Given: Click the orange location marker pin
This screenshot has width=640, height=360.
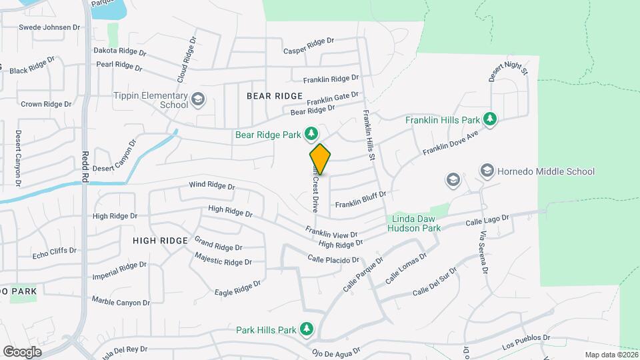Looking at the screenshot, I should point(320,159).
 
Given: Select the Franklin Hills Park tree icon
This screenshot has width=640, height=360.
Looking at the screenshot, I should point(491,119).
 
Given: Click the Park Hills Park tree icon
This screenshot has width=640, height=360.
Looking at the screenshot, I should point(306,329).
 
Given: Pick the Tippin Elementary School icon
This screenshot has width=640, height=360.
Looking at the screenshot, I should point(198,100).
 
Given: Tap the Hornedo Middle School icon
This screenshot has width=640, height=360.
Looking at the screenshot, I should point(487,171).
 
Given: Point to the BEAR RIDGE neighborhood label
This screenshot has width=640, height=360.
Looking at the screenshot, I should point(275,96).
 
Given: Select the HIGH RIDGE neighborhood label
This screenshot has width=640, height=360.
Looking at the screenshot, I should point(161,240).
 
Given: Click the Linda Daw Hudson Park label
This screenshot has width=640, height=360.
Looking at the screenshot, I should point(414,223).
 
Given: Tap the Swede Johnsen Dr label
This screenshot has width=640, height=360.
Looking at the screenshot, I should point(49,27).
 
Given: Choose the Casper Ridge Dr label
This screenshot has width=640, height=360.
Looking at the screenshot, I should point(308,46).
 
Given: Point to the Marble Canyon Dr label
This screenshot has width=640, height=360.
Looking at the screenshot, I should point(121,301).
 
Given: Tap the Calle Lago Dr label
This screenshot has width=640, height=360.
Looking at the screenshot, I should point(487,219).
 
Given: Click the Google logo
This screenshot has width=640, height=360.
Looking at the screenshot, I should point(22,352).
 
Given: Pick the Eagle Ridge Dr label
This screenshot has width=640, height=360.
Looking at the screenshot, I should point(237,288).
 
